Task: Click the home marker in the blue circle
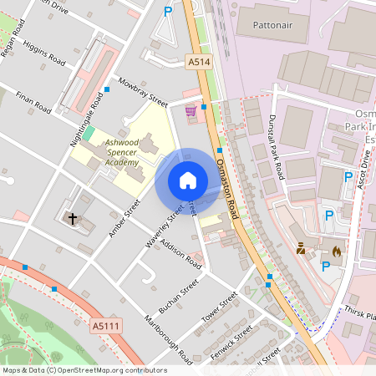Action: tap(188, 180)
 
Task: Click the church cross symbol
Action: tap(73, 219)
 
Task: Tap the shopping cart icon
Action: tap(191, 110)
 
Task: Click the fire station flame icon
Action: tap(337, 250)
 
